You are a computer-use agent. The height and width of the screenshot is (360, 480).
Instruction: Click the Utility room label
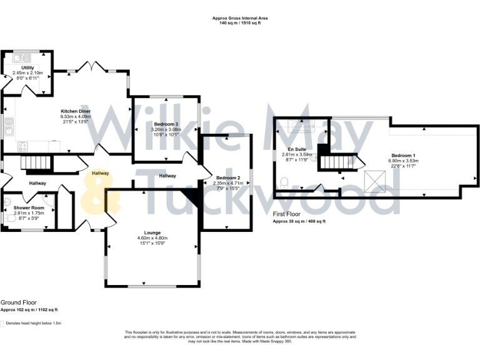point(27,67)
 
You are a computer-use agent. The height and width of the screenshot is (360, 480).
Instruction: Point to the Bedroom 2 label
point(229,178)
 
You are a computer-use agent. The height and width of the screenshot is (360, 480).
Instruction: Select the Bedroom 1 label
point(403,155)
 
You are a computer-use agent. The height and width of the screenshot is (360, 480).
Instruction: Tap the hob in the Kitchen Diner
point(23,147)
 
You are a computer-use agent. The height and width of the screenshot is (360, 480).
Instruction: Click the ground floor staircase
point(35,164)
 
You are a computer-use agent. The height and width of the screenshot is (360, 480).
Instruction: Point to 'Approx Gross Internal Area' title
point(240,18)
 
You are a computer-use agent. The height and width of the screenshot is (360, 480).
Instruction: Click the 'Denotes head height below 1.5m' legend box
point(2,324)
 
